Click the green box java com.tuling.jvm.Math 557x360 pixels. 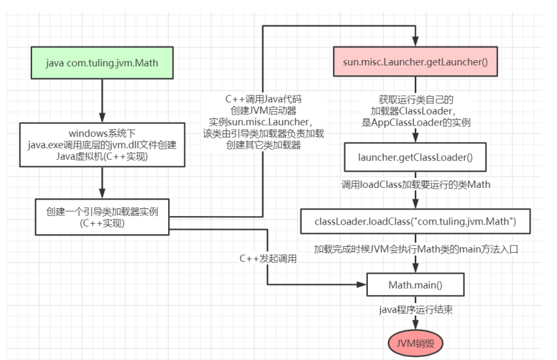[x=101, y=63]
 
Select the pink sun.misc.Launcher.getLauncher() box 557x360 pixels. [x=416, y=63]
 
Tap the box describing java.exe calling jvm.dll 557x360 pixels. [x=101, y=143]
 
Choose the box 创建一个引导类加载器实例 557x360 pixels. [x=101, y=217]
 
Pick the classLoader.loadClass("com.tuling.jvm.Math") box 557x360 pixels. [x=416, y=223]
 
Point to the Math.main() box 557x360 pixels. [x=416, y=285]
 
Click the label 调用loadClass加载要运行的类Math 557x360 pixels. [x=416, y=185]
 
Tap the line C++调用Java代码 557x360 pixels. [x=266, y=99]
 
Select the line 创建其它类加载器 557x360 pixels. [x=266, y=145]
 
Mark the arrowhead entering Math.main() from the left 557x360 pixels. [x=361, y=285]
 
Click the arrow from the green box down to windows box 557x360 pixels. [x=101, y=101]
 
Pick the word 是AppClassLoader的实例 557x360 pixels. [x=416, y=121]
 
